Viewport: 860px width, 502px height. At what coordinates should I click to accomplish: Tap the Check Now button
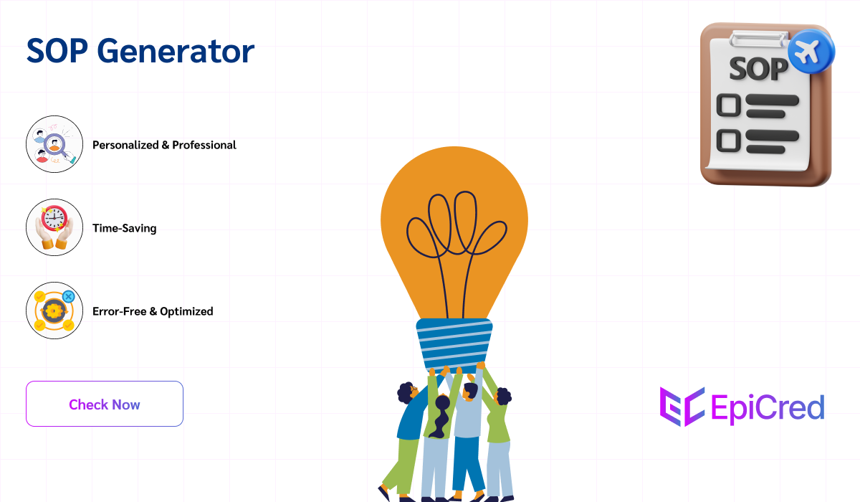(105, 404)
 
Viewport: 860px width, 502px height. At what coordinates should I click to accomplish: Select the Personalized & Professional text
(164, 145)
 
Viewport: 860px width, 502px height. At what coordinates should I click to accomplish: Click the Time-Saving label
(124, 229)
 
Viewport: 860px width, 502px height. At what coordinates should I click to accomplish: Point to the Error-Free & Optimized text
(153, 311)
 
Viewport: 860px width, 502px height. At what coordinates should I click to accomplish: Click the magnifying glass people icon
(54, 144)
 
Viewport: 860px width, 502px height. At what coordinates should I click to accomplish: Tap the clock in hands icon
(54, 227)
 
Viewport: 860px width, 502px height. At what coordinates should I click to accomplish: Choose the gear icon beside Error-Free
(54, 311)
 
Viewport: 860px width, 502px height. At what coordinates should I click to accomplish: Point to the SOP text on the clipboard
(758, 70)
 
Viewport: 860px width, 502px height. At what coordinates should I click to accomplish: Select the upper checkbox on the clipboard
(728, 105)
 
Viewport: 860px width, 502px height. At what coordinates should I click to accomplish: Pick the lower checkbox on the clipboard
(728, 140)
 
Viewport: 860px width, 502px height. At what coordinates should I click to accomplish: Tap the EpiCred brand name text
(768, 407)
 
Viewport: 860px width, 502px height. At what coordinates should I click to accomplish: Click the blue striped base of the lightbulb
(454, 344)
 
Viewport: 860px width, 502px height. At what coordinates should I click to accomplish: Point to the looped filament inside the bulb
(454, 229)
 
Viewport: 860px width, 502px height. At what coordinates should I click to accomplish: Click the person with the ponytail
(439, 430)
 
